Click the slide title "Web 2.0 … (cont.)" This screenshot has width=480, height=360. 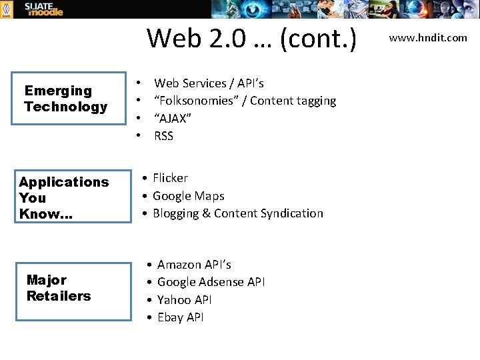(x=251, y=39)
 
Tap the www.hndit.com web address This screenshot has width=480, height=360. (x=428, y=38)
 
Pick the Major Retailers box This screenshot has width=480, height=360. (x=73, y=291)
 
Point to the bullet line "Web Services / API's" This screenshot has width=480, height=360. (x=209, y=83)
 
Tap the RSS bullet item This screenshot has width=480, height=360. (x=163, y=136)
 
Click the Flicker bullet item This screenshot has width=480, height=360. (x=170, y=178)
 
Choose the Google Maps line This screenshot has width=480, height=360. (x=188, y=196)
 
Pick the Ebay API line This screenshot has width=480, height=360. (x=180, y=317)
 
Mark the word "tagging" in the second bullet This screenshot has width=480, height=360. (x=317, y=101)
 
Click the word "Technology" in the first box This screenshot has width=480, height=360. (x=65, y=107)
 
